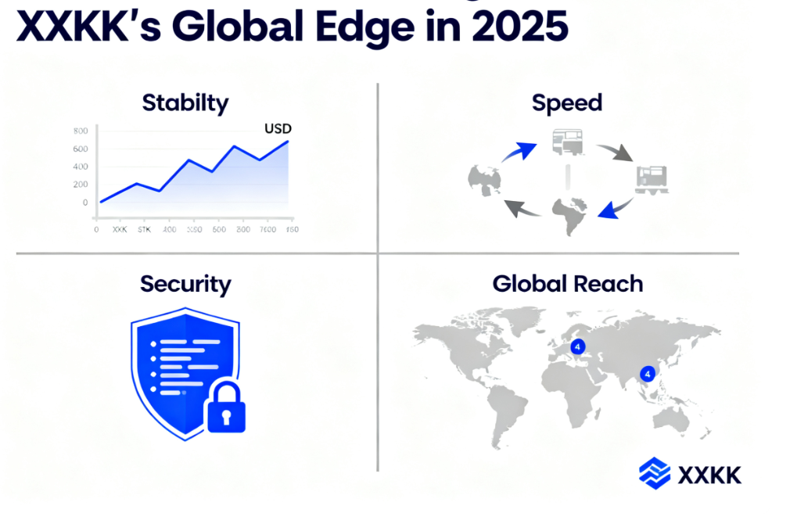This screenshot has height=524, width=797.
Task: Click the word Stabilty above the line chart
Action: (186, 102)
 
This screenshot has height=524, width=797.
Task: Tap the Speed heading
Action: (567, 102)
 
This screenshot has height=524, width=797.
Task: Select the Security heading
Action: (185, 283)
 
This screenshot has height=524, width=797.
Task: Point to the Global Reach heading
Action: (568, 283)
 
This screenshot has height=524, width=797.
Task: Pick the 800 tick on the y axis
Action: (80, 131)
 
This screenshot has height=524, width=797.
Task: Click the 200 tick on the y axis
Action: (80, 184)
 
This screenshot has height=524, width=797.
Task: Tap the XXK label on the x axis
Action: (120, 230)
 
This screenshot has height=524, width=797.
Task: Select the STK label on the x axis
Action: (144, 230)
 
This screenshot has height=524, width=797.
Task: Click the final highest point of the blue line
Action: (288, 142)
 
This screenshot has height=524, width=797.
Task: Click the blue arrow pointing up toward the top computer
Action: (518, 150)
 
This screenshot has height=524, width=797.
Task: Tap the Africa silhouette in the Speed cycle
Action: (569, 214)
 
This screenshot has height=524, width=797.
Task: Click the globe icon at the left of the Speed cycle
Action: (484, 180)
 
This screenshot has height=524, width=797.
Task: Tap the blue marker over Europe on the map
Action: (577, 346)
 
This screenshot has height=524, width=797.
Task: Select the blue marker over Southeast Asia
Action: (648, 374)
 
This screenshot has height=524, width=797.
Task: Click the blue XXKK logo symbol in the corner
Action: (654, 472)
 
